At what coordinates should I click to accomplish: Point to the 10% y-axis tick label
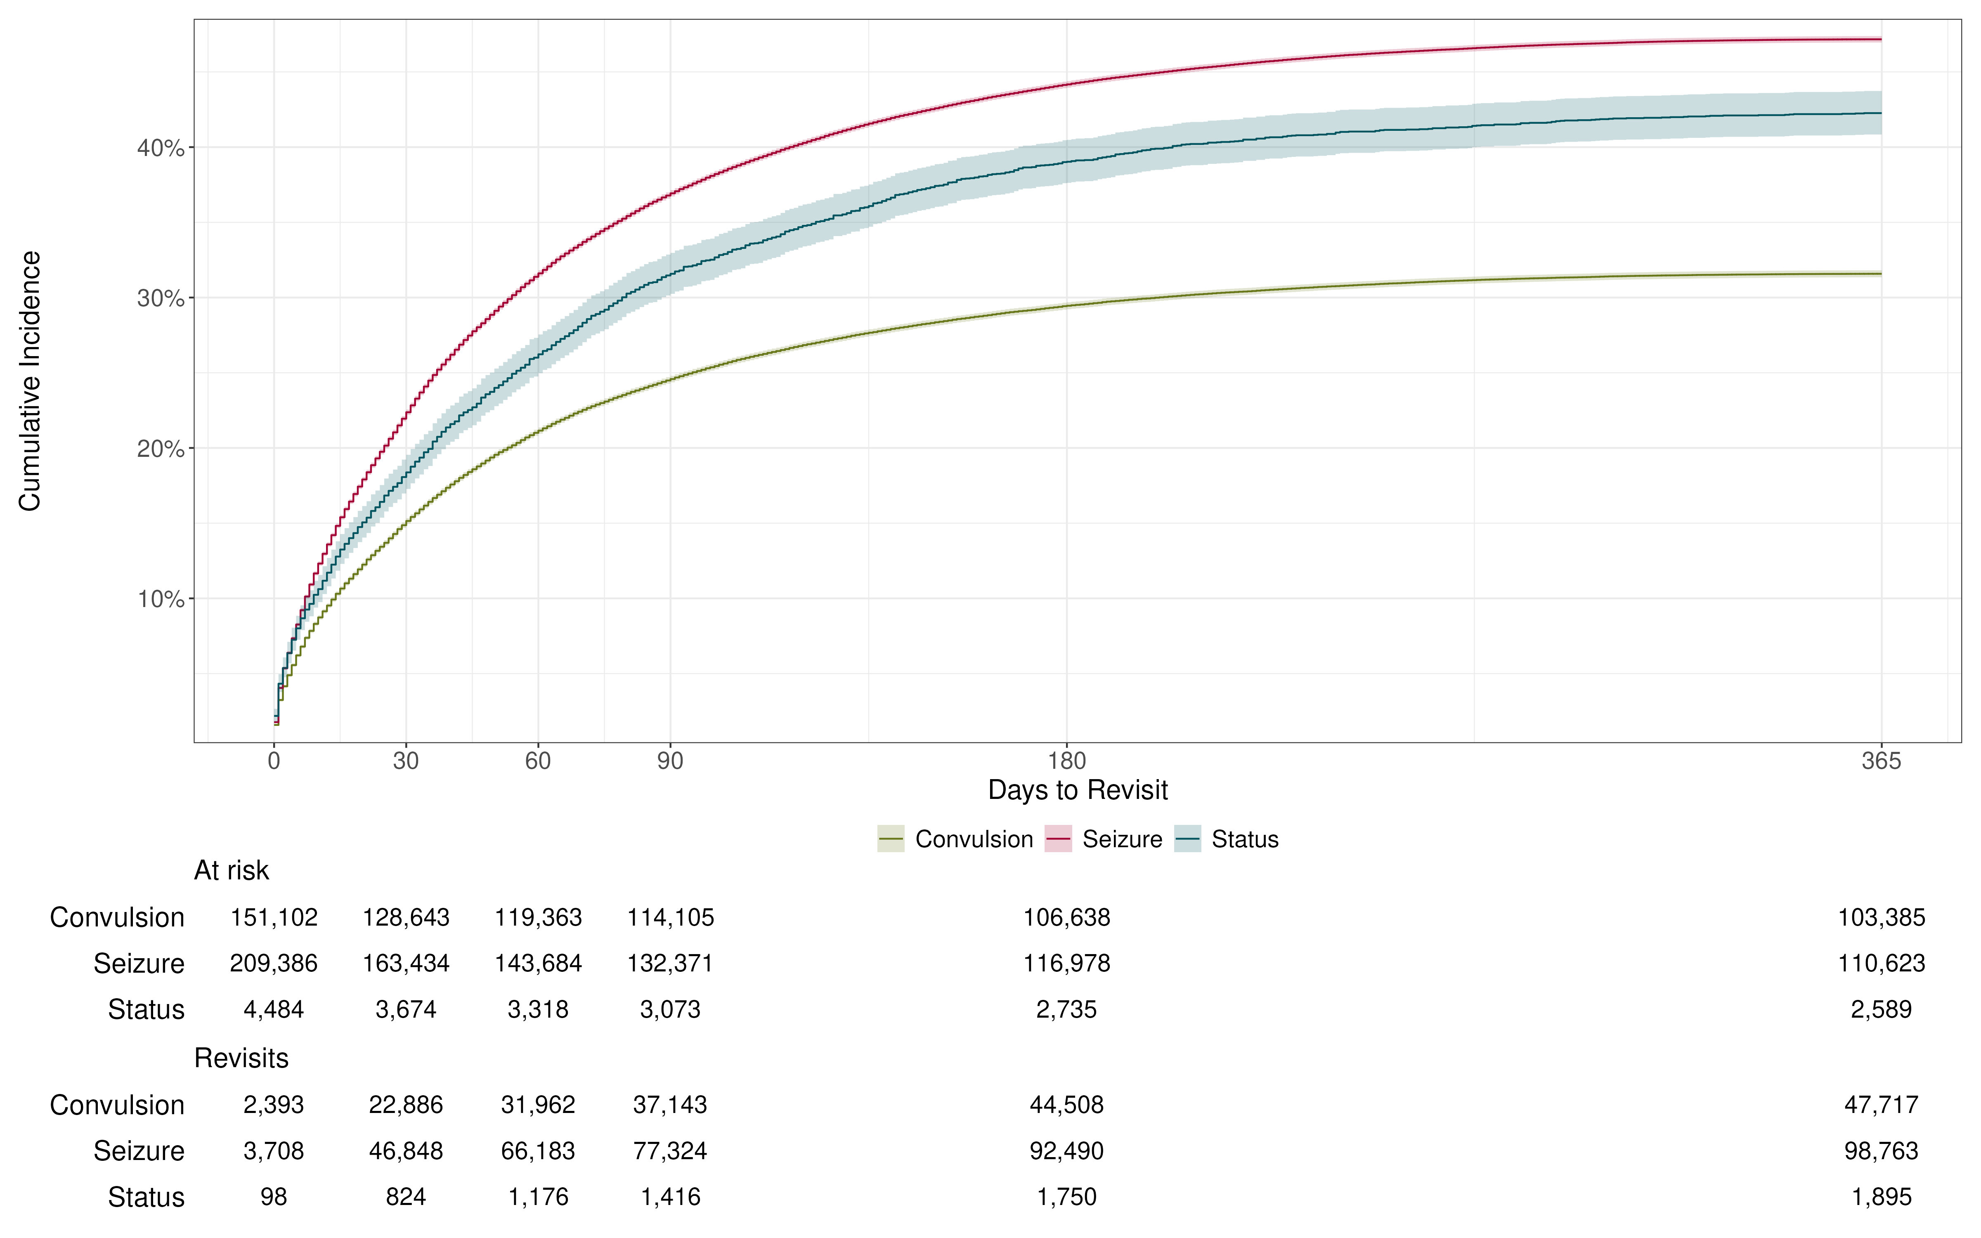click(161, 599)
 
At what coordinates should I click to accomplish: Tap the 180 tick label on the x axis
click(1066, 761)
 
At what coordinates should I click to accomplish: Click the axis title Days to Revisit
click(1077, 790)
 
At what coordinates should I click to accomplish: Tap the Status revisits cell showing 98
click(273, 1197)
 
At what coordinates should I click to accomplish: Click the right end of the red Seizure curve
click(1879, 39)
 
